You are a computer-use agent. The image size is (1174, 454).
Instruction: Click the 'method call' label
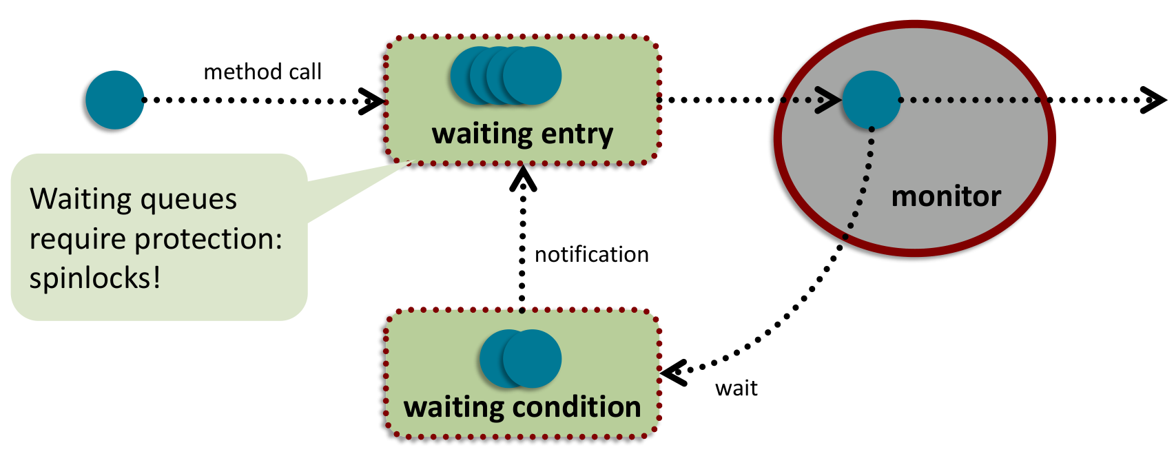click(262, 72)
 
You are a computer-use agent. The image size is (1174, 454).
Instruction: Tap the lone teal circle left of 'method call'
click(115, 100)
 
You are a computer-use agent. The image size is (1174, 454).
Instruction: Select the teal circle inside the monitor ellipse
click(872, 100)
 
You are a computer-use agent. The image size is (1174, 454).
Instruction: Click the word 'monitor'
click(946, 197)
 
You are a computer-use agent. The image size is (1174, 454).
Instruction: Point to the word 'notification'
click(591, 255)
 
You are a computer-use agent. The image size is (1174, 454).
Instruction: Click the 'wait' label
click(736, 389)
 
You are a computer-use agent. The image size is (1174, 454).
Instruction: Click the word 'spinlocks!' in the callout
click(95, 278)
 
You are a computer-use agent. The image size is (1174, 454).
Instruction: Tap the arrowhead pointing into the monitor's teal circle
click(830, 100)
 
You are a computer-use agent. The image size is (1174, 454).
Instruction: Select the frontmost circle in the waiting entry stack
click(533, 76)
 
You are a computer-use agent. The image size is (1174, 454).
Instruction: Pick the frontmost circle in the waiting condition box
click(533, 358)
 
